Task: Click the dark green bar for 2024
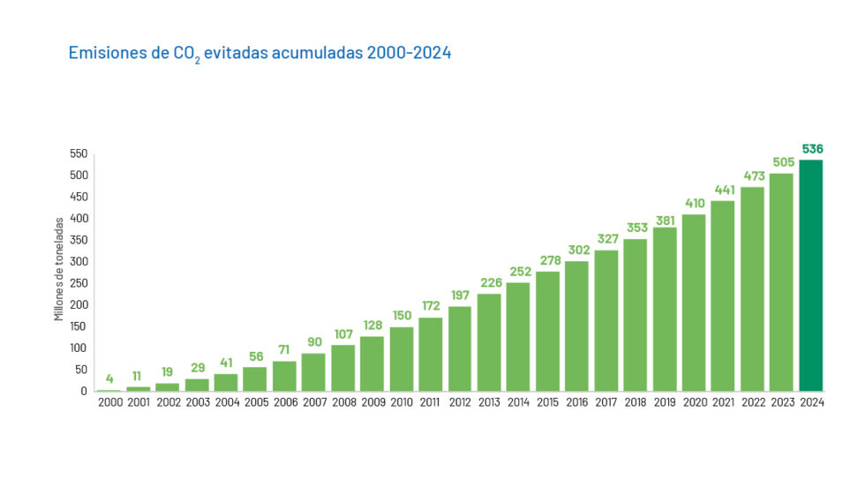[810, 275]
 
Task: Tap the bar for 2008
[342, 368]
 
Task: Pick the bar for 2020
[694, 303]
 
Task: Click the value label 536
[812, 148]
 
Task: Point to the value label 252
[518, 272]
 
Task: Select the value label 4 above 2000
[109, 379]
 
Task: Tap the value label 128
[372, 326]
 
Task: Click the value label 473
[752, 176]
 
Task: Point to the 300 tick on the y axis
[79, 261]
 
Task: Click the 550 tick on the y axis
[79, 153]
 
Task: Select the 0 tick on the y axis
[84, 391]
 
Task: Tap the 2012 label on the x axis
[460, 402]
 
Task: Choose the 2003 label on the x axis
[197, 402]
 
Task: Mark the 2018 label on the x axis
[636, 402]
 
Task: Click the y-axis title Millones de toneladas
[59, 269]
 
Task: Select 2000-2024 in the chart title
[410, 53]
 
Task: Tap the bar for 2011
[431, 354]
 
